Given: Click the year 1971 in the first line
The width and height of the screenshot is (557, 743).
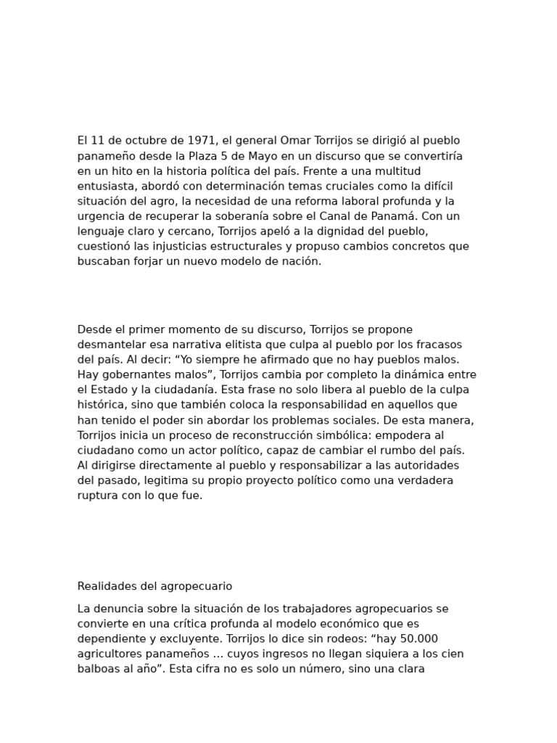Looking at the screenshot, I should [x=202, y=140].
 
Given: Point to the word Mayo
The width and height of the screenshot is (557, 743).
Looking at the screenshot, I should [x=249, y=155].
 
